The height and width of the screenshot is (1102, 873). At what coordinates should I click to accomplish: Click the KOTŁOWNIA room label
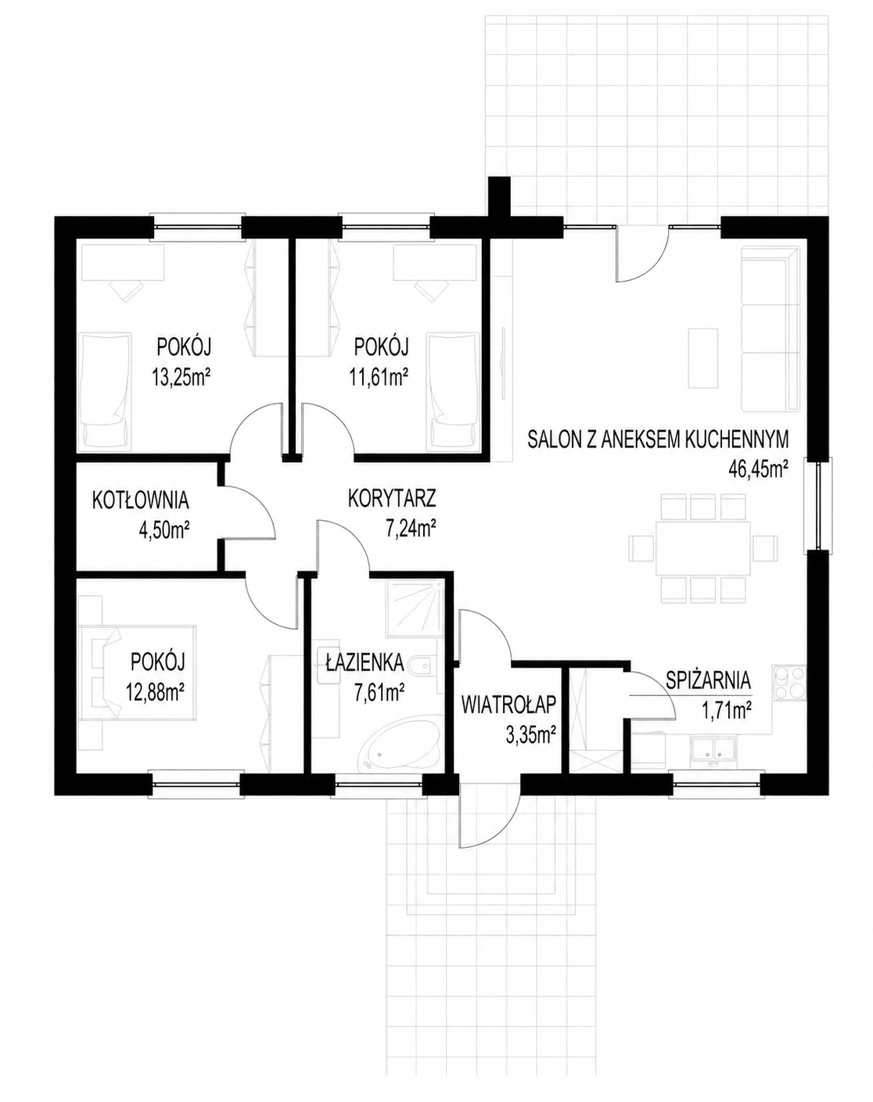[140, 501]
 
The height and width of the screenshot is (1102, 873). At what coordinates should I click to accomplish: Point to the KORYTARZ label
[392, 497]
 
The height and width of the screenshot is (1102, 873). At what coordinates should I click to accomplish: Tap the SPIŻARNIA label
[709, 680]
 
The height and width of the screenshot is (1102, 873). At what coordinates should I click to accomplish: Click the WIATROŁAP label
[508, 705]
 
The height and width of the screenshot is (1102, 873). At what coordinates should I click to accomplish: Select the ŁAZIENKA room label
[365, 664]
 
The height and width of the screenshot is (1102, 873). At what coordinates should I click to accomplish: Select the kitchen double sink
[712, 747]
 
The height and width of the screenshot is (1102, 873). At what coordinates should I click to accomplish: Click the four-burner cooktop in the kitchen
[790, 683]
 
